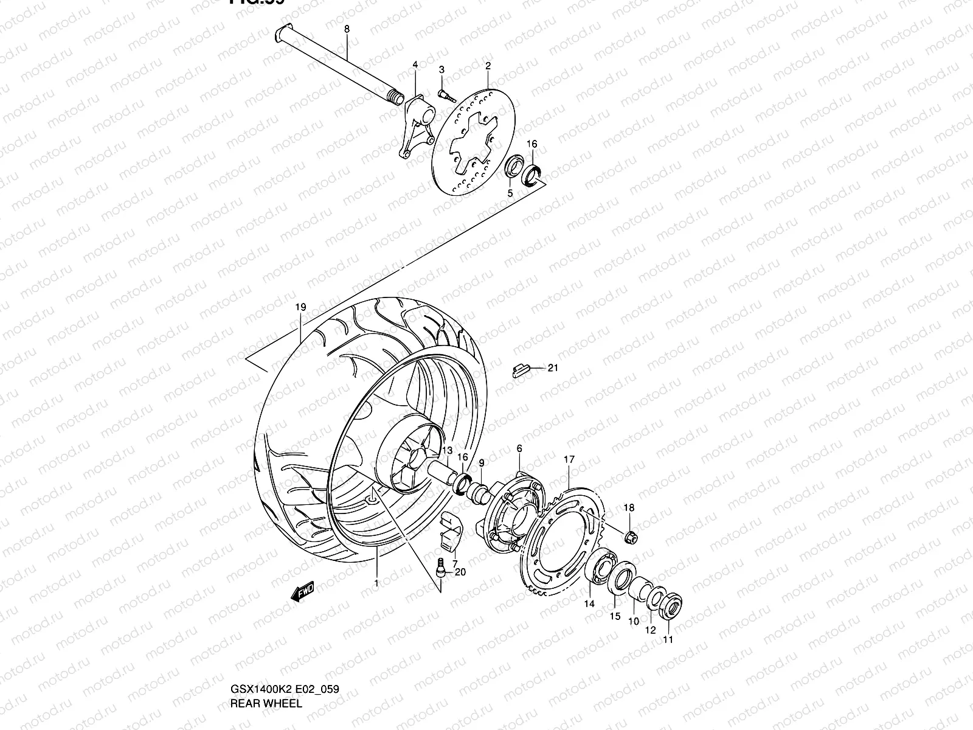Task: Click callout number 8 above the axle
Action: pos(347,29)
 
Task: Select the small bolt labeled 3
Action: pos(445,93)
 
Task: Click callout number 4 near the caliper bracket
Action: pos(415,64)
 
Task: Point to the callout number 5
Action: pos(510,193)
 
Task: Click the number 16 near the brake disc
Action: pos(532,144)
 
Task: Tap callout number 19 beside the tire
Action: pos(300,308)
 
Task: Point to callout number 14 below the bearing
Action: pos(589,604)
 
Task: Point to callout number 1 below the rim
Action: pos(376,583)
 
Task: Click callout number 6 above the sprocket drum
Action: pos(519,448)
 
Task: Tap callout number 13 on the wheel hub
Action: pos(447,451)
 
